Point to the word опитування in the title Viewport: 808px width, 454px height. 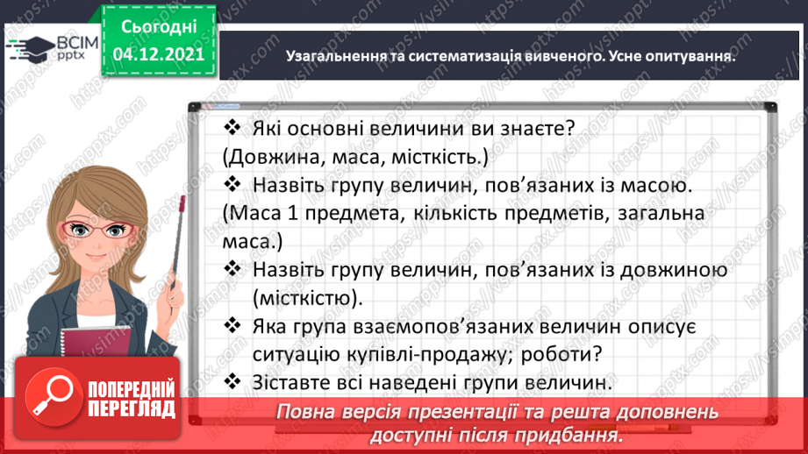click(690, 55)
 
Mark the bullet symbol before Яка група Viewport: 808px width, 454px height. click(232, 326)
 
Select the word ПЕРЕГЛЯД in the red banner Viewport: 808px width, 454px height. click(129, 408)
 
